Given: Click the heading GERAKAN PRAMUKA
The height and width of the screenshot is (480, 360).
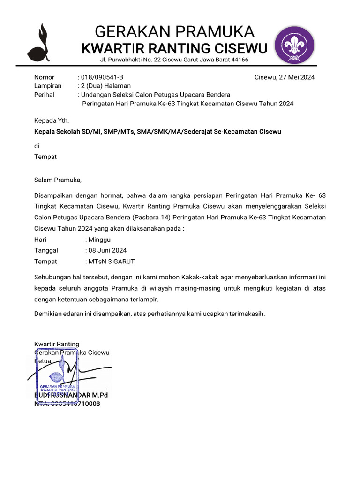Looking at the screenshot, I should click(x=174, y=32).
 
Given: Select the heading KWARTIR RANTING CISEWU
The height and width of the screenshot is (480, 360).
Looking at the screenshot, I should click(x=174, y=48).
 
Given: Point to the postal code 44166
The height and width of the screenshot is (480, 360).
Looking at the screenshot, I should click(x=239, y=60).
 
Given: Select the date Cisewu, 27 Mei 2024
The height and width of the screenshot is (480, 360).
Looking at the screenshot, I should click(x=285, y=77).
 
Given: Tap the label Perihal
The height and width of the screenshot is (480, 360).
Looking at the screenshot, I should click(x=45, y=95).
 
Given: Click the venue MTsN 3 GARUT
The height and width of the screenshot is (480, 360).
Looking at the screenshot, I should click(x=112, y=262).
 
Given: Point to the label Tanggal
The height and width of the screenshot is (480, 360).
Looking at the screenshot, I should click(x=46, y=250).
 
